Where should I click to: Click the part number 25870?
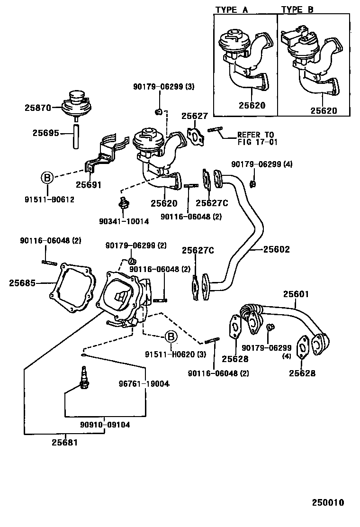click(x=37, y=108)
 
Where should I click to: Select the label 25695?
click(x=45, y=133)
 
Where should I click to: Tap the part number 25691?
click(x=89, y=185)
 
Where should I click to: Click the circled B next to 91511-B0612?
click(x=47, y=178)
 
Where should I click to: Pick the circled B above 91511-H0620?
click(x=171, y=337)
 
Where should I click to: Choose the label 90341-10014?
click(x=124, y=221)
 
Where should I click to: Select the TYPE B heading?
click(x=297, y=9)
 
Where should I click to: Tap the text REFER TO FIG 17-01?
click(x=256, y=138)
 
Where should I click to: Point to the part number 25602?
click(x=276, y=249)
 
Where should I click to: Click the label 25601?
click(x=296, y=294)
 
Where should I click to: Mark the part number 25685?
click(x=22, y=283)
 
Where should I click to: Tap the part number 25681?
click(x=65, y=443)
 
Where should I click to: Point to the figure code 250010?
click(x=327, y=502)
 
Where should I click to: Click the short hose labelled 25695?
click(x=76, y=136)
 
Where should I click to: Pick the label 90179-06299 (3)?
click(x=157, y=87)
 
